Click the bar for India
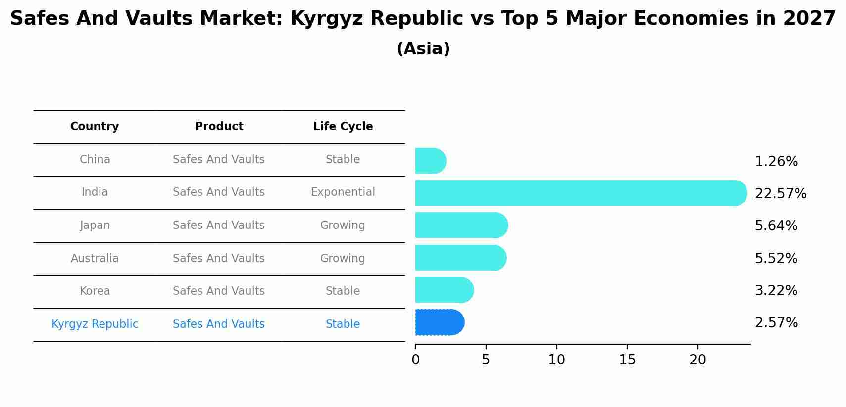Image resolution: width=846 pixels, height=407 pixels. pos(579,193)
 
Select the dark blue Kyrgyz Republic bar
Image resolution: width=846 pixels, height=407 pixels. pos(439,322)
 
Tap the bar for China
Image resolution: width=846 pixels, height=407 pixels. pos(430,161)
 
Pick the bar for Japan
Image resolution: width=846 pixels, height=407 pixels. pos(461,225)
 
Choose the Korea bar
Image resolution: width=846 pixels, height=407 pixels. pos(444,290)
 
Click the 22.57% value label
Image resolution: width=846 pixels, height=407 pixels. pos(780,194)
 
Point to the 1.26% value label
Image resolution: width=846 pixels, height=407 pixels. pos(776,162)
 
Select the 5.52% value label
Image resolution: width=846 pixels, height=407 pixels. pos(776,259)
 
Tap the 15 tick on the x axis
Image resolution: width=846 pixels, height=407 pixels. pos(627,360)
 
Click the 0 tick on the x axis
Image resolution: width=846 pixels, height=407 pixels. pos(415,360)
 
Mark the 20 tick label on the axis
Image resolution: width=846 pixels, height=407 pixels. pos(697,360)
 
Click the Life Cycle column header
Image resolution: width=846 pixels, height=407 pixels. pos(343,127)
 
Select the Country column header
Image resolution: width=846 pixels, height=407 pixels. pos(95,127)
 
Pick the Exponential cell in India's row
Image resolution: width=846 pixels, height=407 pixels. pos(343,192)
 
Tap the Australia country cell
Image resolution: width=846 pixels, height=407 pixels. pos(95,259)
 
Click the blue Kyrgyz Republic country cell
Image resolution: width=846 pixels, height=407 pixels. pos(95,324)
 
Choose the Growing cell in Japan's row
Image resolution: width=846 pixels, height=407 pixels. pos(343,226)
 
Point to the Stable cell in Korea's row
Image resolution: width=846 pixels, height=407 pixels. pos(343,291)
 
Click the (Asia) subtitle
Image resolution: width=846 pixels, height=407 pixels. pos(423,49)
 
